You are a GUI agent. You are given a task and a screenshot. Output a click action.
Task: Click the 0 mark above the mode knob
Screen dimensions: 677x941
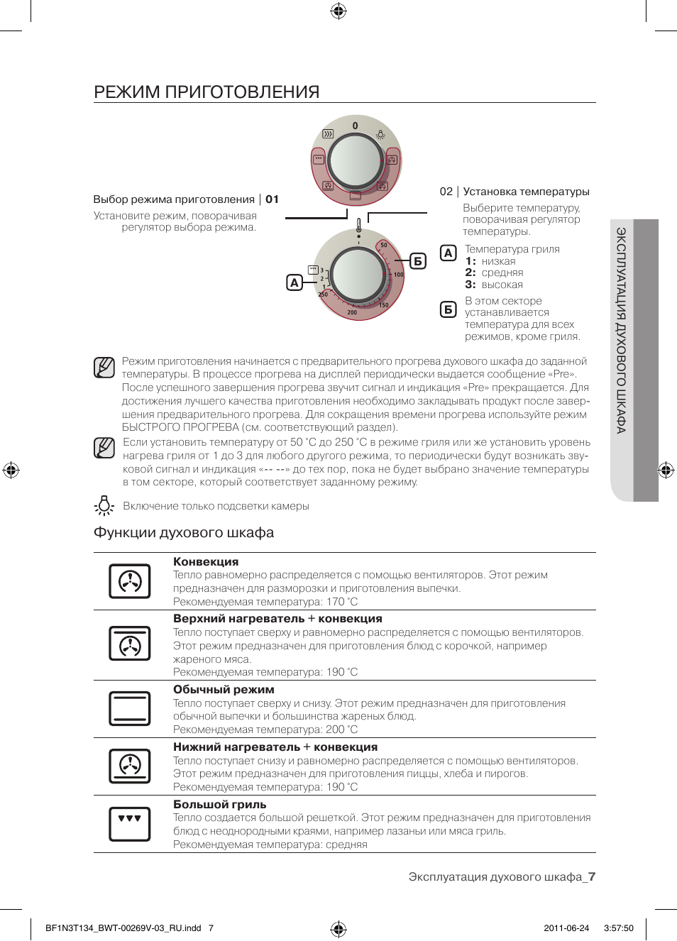coord(356,126)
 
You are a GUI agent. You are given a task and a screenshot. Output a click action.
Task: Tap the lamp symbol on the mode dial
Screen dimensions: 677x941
coord(380,134)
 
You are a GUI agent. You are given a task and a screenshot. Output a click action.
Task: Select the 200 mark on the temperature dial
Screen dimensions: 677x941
coord(352,312)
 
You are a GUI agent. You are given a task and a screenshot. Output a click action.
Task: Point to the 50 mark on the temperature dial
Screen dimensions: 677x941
coord(384,245)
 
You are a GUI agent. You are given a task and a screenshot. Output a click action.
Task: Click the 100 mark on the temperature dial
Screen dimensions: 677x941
coord(398,275)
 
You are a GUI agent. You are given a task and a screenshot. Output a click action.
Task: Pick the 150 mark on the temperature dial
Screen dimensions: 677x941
coord(383,305)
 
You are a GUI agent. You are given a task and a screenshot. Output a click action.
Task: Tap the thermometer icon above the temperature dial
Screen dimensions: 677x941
coord(358,225)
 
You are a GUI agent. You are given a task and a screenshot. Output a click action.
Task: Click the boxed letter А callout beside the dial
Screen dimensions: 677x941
coord(295,282)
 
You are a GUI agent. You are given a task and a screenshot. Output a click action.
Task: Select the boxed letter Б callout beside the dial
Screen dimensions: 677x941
coord(418,261)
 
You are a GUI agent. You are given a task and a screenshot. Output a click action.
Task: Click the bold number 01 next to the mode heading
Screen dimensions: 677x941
coord(272,199)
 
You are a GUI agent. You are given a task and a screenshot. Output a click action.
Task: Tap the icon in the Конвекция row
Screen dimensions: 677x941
coord(129,581)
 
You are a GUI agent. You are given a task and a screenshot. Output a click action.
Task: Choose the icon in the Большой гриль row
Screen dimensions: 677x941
coord(129,824)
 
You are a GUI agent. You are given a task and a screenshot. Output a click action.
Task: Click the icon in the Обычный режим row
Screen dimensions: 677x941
coord(129,709)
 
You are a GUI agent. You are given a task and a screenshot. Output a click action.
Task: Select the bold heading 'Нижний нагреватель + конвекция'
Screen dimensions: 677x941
coord(275,747)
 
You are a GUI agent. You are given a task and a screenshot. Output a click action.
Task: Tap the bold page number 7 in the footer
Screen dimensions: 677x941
coord(592,876)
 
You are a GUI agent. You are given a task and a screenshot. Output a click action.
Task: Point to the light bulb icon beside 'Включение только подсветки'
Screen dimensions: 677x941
coord(104,505)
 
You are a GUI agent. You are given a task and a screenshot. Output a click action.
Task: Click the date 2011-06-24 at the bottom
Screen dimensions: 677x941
coord(566,928)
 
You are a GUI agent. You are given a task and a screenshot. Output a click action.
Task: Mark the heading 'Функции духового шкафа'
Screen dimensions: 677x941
coord(184,533)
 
